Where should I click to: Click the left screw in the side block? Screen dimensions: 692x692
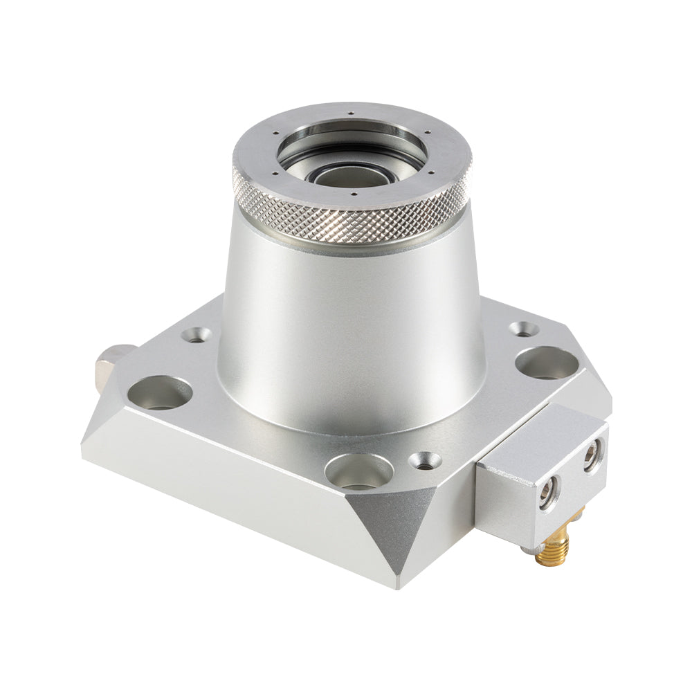[x=547, y=496]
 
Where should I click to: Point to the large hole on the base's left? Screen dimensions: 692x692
[x=160, y=392]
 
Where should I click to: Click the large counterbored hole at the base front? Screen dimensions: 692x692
[x=358, y=472]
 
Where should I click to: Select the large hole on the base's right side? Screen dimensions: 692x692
[x=545, y=363]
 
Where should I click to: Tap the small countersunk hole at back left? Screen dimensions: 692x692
[x=197, y=336]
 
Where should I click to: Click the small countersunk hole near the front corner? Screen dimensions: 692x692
[x=425, y=459]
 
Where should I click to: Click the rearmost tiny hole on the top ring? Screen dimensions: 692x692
[x=351, y=114]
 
